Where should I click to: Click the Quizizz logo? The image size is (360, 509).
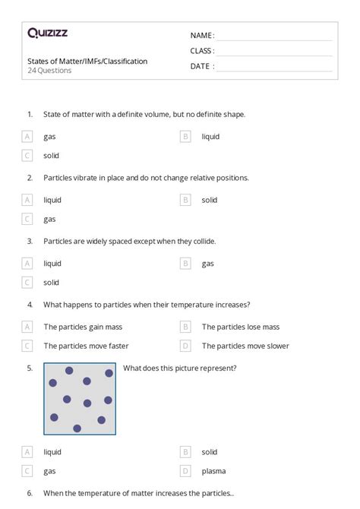[47, 33]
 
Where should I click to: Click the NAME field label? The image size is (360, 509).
[202, 36]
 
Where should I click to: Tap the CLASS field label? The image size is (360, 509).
[202, 51]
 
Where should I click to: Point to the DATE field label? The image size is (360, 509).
[201, 66]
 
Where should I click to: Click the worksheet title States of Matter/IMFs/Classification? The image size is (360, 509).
[87, 61]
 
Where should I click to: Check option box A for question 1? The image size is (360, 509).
[27, 137]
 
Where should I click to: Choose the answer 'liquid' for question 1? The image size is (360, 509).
[210, 137]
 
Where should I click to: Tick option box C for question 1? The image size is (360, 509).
[27, 156]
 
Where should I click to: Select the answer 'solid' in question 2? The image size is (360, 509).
[210, 201]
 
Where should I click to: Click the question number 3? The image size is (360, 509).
[30, 242]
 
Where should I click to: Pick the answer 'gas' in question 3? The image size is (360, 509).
[207, 264]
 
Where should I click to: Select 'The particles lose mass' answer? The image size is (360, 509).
[241, 327]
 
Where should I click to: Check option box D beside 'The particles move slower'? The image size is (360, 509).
[185, 346]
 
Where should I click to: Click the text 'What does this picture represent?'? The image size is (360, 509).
[179, 368]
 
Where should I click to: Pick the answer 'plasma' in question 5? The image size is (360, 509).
[213, 471]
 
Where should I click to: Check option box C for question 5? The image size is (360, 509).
[27, 471]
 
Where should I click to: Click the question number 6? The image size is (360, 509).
[30, 493]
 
